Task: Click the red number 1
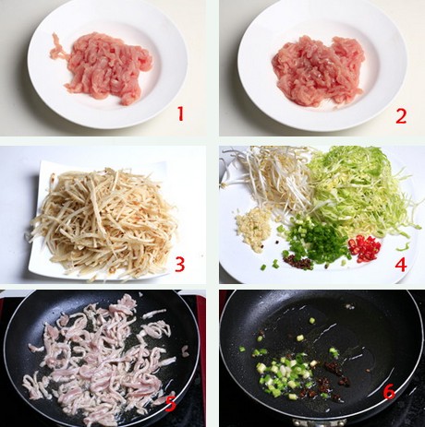[180, 113]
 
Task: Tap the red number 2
[401, 116]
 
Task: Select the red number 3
[180, 265]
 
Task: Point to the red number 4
[401, 264]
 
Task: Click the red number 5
[171, 404]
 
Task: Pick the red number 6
[389, 392]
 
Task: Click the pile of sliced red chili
[365, 248]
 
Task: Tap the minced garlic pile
[254, 229]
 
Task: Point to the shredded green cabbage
[363, 191]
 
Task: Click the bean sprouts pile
[271, 178]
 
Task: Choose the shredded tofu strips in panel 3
[103, 221]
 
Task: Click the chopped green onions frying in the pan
[284, 372]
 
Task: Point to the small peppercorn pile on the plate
[297, 262]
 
